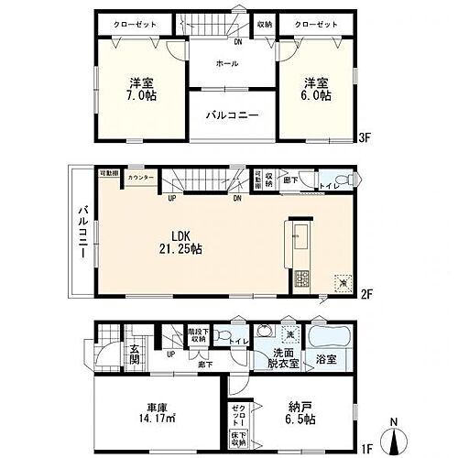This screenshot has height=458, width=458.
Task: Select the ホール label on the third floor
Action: (x=227, y=63)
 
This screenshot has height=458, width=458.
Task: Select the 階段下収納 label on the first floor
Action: (x=197, y=336)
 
